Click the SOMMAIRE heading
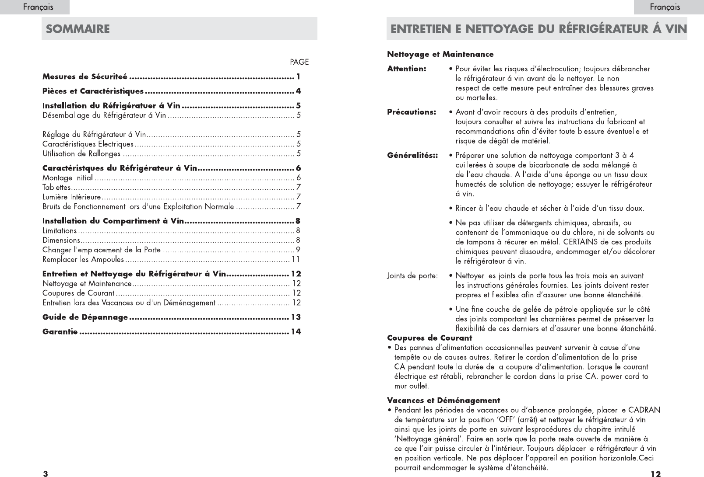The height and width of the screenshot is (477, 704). [78, 29]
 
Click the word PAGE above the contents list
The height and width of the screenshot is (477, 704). [299, 62]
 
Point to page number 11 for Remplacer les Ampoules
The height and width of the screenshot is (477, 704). [296, 260]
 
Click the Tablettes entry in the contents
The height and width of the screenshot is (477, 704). [56, 188]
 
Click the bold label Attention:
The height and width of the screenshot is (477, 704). [407, 69]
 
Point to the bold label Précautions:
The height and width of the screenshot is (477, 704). [412, 112]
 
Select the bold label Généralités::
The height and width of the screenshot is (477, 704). [413, 155]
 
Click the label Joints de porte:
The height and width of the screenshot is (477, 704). [412, 276]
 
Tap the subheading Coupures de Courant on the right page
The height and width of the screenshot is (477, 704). [429, 338]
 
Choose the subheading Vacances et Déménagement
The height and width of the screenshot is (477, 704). [444, 400]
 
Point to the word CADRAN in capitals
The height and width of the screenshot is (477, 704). [644, 410]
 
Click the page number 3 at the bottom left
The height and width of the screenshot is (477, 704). [45, 474]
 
